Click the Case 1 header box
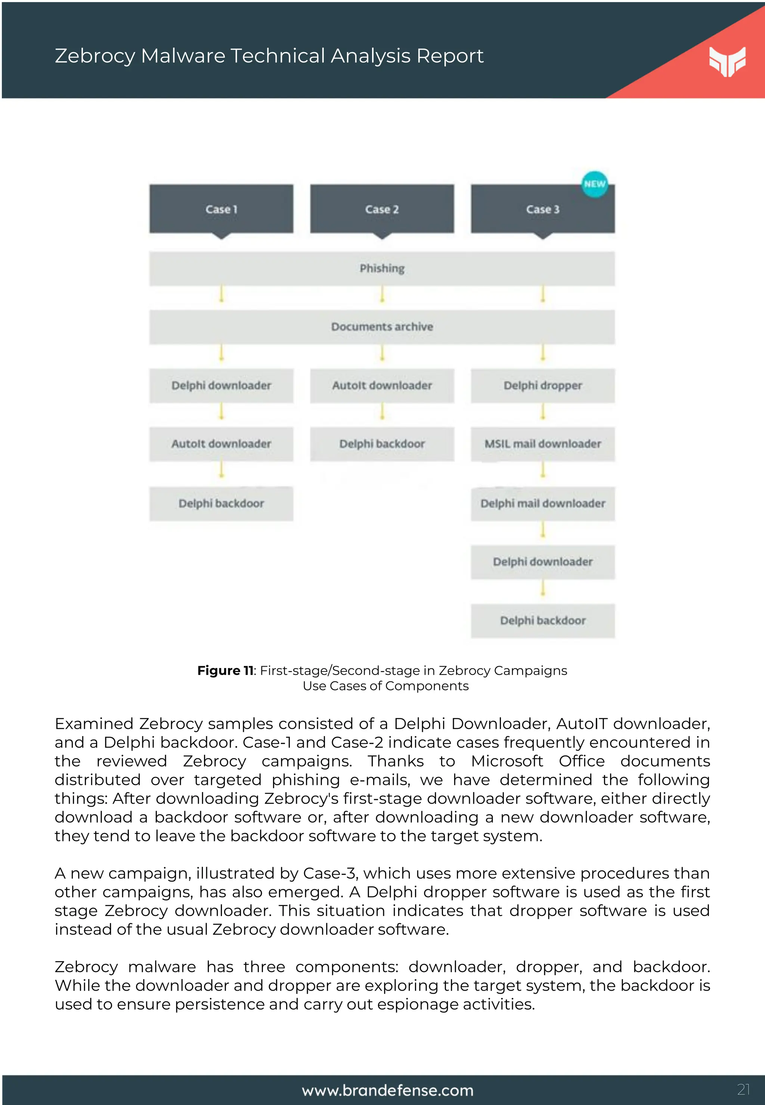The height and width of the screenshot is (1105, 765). (x=221, y=209)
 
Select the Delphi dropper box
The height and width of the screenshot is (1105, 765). (x=543, y=385)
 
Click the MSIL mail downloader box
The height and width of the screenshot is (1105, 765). (x=543, y=444)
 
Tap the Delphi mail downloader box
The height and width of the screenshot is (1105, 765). (x=543, y=503)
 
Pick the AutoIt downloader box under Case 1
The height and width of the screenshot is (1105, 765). (x=221, y=444)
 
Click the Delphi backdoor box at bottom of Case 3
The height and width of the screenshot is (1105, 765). (x=543, y=621)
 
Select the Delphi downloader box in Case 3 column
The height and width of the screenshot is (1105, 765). (x=543, y=562)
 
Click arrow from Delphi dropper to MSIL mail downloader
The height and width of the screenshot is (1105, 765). (x=543, y=412)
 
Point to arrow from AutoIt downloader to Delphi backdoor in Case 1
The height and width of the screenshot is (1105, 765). (x=221, y=470)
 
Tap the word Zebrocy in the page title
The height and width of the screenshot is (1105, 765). (x=95, y=56)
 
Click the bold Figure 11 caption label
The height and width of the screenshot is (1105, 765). (x=225, y=670)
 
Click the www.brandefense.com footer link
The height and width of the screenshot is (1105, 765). (x=387, y=1091)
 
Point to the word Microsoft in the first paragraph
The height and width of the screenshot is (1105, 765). (x=507, y=761)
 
